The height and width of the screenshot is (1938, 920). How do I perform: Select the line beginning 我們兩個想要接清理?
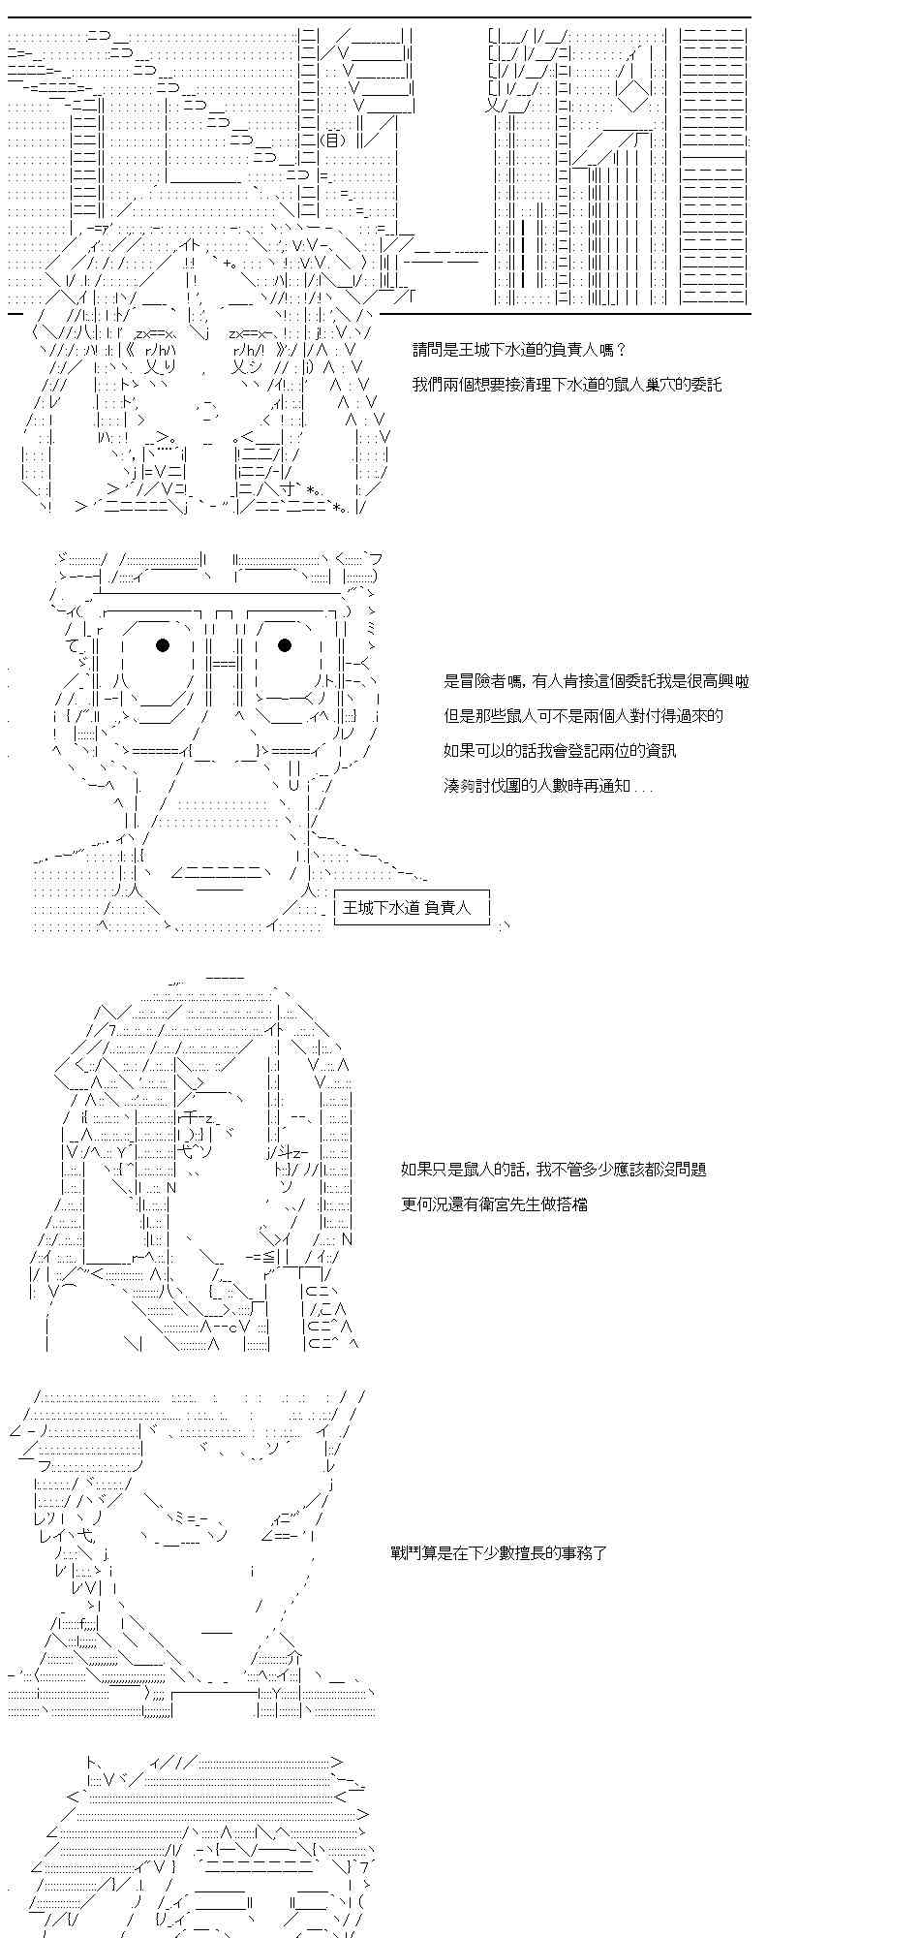(x=567, y=385)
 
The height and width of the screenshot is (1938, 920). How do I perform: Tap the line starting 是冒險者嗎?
(x=597, y=681)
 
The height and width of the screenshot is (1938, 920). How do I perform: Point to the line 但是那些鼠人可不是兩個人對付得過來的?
(x=584, y=716)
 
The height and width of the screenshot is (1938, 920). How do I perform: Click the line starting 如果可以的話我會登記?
(x=560, y=751)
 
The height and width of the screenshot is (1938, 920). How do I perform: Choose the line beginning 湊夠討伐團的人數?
(x=548, y=786)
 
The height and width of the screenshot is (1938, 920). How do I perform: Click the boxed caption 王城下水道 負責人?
(x=412, y=908)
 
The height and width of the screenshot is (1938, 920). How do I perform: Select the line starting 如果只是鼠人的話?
(x=554, y=1170)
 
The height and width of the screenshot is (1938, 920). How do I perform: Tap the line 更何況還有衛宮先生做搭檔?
(x=495, y=1204)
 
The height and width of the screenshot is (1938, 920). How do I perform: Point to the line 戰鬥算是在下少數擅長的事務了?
(x=499, y=1553)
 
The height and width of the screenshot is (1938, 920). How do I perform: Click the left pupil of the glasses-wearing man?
(x=163, y=645)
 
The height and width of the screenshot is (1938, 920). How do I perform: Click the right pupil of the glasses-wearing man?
(x=285, y=645)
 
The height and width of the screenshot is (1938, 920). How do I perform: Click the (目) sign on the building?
(x=333, y=140)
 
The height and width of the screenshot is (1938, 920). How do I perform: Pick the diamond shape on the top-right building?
(x=633, y=95)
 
